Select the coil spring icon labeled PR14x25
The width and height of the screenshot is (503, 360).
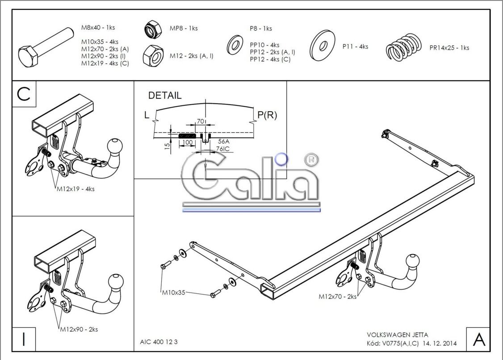pos(404,47)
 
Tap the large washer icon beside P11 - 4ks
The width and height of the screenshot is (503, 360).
pos(323,45)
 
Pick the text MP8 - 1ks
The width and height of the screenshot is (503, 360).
pos(183,28)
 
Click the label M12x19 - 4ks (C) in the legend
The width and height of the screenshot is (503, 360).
pos(105,63)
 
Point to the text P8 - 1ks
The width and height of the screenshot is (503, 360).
pos(261,29)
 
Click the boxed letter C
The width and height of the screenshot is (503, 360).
pos(24,94)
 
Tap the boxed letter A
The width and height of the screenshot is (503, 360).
pos(478,339)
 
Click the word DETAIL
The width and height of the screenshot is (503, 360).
pos(165,96)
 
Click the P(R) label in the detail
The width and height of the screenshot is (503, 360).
pos(267,115)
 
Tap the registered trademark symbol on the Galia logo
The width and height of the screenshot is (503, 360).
pos(308,159)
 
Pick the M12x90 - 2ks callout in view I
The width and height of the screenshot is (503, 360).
pos(79,330)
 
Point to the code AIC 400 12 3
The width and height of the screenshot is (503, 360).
pos(159,342)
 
